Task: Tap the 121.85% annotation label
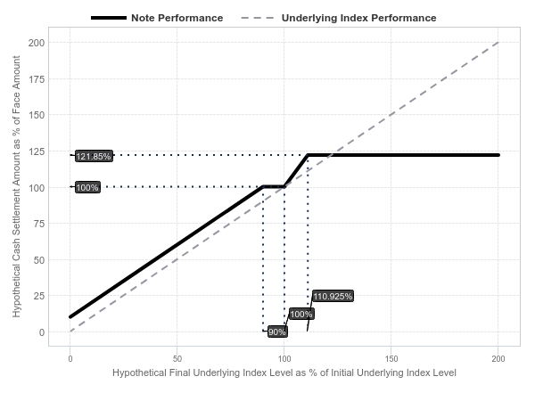tap(94, 156)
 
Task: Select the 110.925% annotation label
tap(333, 296)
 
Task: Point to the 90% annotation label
tap(277, 331)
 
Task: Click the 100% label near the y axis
tap(87, 187)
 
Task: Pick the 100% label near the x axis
tap(301, 314)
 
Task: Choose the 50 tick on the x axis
tap(177, 358)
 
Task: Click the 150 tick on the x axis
tap(391, 358)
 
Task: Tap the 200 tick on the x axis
tap(498, 358)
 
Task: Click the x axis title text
tap(284, 372)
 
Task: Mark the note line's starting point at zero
tap(70, 316)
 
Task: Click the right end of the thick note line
tap(498, 155)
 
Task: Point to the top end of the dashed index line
tap(498, 42)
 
